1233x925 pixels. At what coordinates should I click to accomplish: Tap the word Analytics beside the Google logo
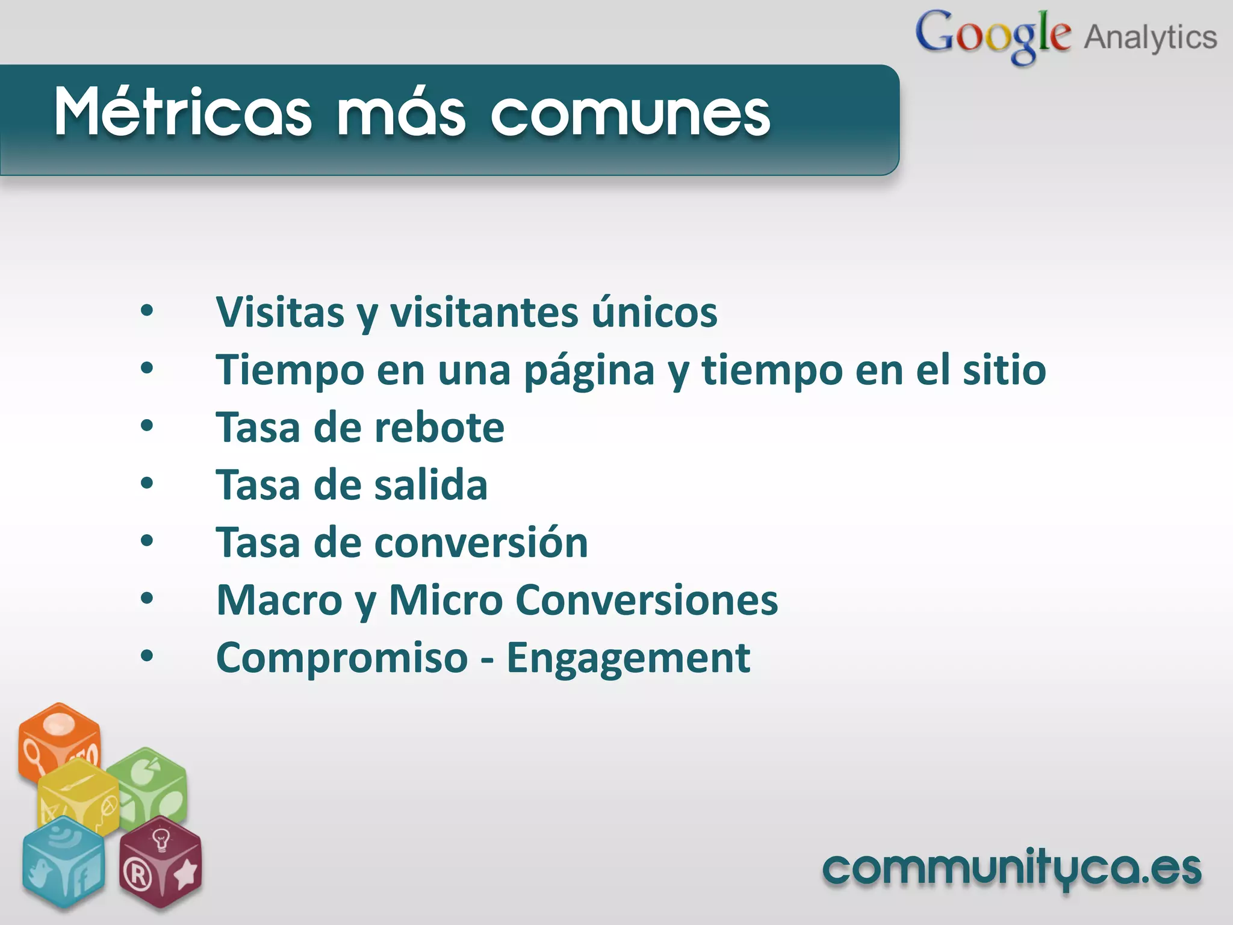tap(1151, 37)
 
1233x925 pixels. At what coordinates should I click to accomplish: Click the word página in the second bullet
tap(589, 370)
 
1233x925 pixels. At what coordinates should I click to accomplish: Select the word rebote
tap(439, 427)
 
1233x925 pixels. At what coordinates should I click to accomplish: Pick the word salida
tap(431, 485)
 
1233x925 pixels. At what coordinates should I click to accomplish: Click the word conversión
tap(481, 542)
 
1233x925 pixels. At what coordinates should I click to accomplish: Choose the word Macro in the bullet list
tap(279, 600)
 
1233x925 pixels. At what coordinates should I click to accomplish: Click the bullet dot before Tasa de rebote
tap(147, 426)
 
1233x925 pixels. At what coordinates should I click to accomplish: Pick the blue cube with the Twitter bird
tap(63, 861)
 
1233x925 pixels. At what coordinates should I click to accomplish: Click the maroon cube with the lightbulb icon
tap(161, 861)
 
